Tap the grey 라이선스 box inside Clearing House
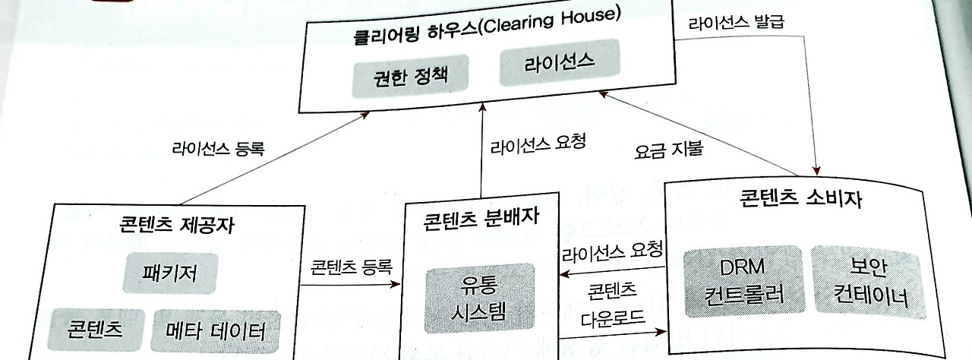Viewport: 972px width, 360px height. coord(559,63)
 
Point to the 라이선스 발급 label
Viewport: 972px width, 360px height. coord(735,23)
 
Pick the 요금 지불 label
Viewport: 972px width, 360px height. coord(669,150)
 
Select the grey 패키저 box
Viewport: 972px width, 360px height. coord(169,272)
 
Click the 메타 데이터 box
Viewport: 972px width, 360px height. coord(215,331)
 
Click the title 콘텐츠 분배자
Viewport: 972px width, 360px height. coord(482,219)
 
